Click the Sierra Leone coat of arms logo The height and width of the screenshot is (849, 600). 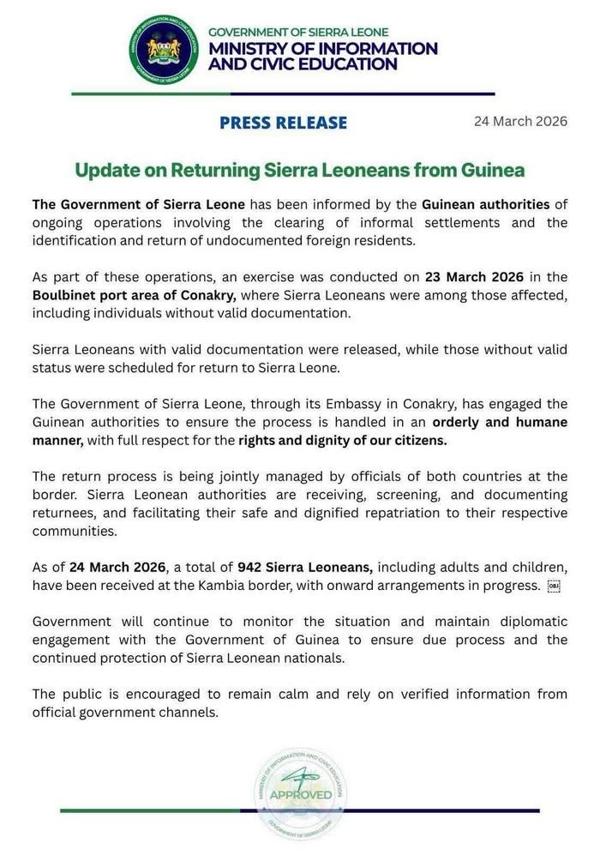(164, 49)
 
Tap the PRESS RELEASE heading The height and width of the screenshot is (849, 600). (283, 123)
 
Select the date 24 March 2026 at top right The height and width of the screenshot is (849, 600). (520, 121)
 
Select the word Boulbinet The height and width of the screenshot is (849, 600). (68, 296)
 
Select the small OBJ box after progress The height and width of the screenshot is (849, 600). (553, 586)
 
